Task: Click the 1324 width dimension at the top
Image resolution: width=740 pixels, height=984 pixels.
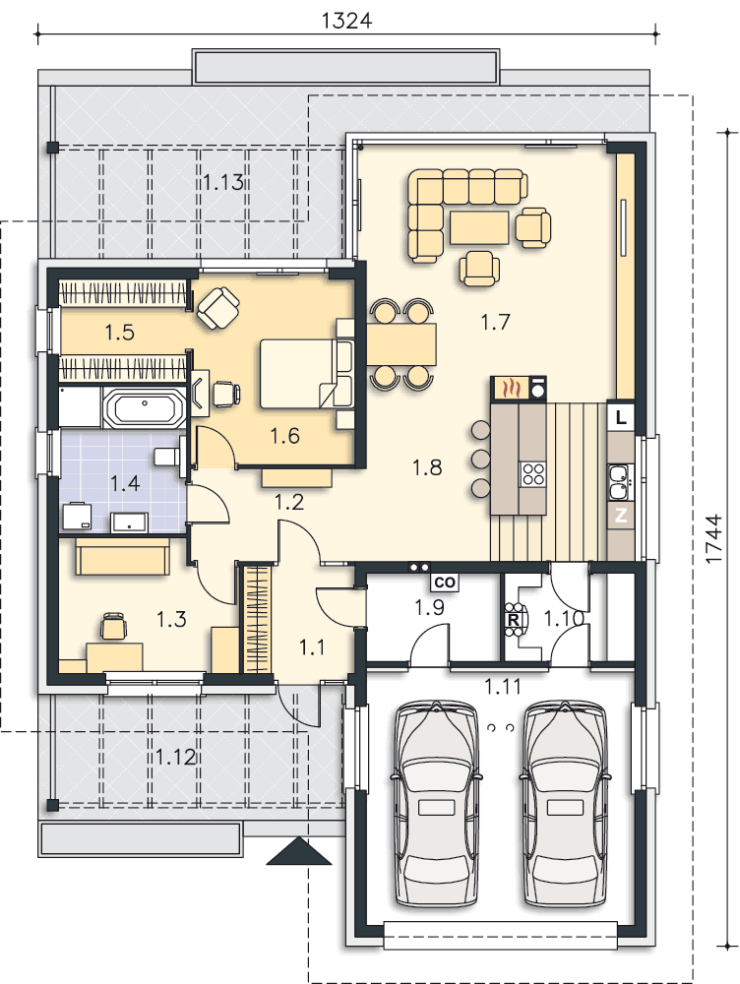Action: point(346,20)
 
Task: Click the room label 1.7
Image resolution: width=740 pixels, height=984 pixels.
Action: point(497,320)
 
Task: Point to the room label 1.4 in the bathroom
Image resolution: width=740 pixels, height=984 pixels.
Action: point(125,482)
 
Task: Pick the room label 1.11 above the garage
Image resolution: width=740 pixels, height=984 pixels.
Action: point(503,687)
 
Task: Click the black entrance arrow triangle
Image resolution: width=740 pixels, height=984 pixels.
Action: point(299,852)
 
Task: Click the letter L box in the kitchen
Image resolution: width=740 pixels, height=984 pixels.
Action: point(620,417)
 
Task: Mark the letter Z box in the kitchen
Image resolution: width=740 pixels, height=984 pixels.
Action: point(621,516)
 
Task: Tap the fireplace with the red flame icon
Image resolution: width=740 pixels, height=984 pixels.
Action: point(510,389)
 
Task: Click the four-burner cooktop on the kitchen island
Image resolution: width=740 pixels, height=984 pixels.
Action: point(532,473)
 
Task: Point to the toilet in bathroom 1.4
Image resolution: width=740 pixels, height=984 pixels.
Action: point(167,457)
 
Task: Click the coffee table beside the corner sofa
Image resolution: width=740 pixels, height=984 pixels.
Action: point(479,225)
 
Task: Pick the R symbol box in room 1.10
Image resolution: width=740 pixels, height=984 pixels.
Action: point(513,621)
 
